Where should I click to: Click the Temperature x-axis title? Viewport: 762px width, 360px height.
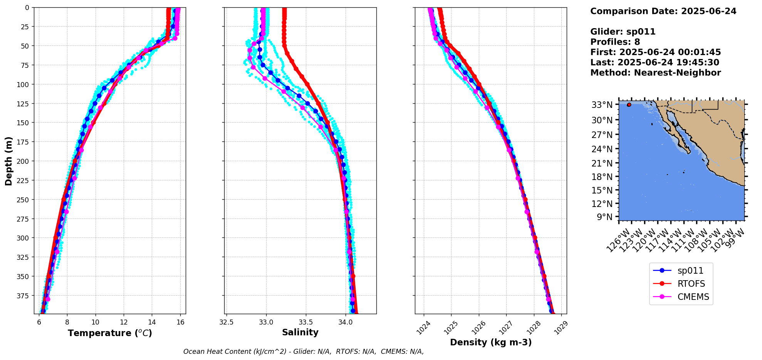pos(110,333)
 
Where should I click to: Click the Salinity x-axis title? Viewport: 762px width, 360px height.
pos(300,332)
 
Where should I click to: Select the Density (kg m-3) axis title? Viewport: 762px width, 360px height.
pos(490,342)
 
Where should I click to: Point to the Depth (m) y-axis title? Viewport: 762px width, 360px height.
pos(8,161)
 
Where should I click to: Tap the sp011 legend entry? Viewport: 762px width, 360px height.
pos(690,271)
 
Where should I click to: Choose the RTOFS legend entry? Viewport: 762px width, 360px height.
pos(691,284)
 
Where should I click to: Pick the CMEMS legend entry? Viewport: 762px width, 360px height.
pos(693,297)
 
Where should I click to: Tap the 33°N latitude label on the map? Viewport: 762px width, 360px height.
pos(602,105)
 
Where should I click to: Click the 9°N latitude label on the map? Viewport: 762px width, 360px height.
pos(604,217)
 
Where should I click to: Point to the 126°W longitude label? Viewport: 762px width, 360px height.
pos(618,241)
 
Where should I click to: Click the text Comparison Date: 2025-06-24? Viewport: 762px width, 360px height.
pos(663,11)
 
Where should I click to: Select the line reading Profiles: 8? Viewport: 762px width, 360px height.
pos(615,42)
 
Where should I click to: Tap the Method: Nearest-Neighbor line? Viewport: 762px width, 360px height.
pos(655,72)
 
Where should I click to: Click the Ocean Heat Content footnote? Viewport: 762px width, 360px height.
pos(303,352)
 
